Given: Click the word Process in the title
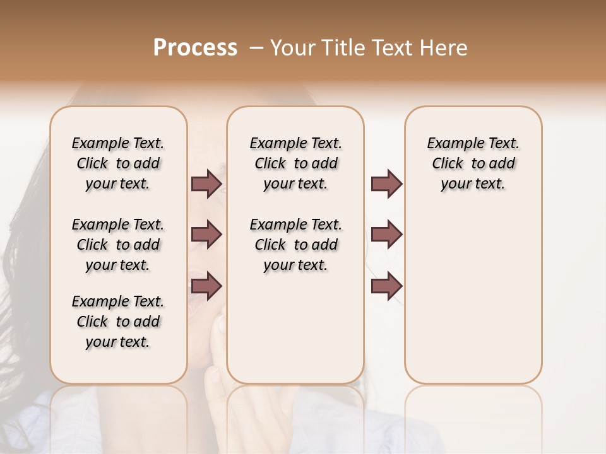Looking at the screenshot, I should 195,48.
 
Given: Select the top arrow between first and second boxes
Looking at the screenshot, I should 206,184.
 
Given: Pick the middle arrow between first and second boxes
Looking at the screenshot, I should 206,235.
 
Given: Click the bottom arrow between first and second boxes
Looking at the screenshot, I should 206,286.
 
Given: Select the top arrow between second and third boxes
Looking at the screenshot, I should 386,184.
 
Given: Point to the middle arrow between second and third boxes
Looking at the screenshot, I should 386,235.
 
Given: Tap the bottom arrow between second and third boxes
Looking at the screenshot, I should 386,286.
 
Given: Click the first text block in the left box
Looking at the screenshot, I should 118,163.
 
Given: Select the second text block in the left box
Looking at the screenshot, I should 118,245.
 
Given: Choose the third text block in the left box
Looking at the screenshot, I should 118,322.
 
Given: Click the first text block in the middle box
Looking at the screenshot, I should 295,163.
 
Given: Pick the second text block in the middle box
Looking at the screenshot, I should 295,245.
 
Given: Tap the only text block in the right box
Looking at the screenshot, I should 473,163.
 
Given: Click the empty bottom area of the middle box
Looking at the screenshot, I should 295,334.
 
